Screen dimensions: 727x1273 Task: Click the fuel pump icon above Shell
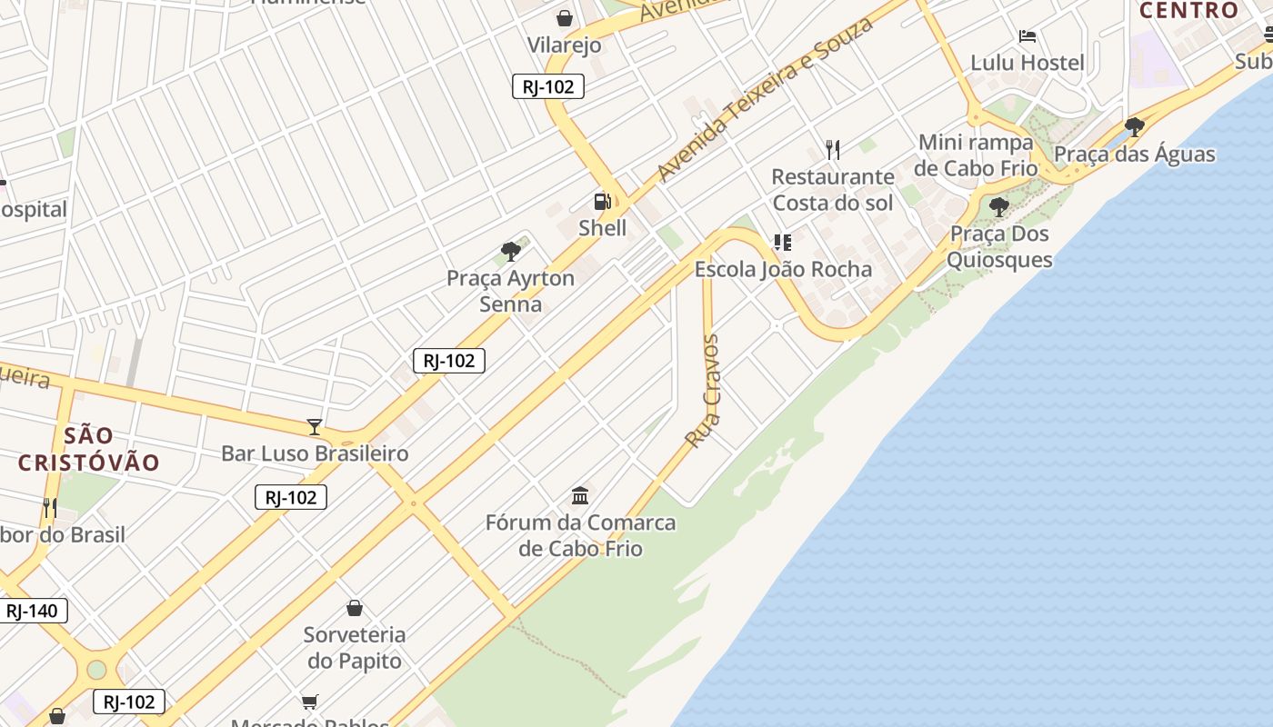click(x=602, y=202)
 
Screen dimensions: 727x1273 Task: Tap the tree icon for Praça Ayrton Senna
click(x=511, y=252)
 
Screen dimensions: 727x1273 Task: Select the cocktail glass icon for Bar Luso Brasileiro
click(x=315, y=426)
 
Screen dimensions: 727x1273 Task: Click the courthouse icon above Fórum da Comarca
click(x=580, y=495)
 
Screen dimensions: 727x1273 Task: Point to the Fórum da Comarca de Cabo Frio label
click(x=580, y=535)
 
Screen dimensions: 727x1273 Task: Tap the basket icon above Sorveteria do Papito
click(x=355, y=608)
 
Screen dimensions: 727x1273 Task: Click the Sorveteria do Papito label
click(x=355, y=647)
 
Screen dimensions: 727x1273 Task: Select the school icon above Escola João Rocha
click(x=782, y=243)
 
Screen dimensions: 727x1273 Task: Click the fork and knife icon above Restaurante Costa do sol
click(x=833, y=149)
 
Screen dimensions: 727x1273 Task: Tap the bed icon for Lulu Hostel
click(x=1027, y=36)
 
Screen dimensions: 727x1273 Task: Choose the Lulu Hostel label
click(x=1027, y=63)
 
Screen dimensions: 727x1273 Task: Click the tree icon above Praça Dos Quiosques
click(x=999, y=207)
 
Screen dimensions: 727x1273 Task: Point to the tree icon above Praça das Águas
click(x=1134, y=126)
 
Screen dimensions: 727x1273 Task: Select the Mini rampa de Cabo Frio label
click(x=976, y=155)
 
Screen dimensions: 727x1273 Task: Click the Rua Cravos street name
click(x=703, y=391)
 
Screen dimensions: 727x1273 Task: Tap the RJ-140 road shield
click(x=32, y=611)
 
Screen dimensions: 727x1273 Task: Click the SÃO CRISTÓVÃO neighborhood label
click(x=89, y=449)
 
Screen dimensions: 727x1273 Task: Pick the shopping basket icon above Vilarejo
click(x=565, y=18)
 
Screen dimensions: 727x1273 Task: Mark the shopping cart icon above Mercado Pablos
click(x=310, y=701)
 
